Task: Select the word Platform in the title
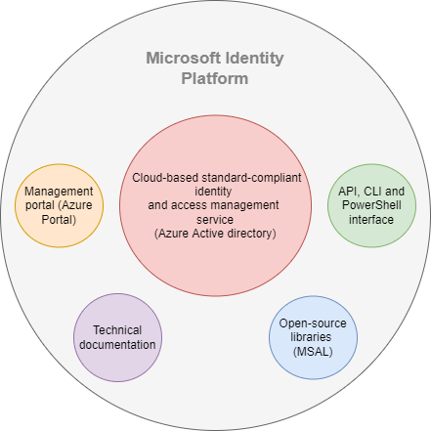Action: [x=215, y=78]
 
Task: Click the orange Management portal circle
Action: [x=60, y=205]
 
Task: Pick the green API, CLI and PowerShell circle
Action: [x=371, y=205]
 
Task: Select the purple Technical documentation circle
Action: [x=117, y=337]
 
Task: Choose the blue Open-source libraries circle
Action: [x=313, y=337]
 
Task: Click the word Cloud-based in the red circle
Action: [x=165, y=178]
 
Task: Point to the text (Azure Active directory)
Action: [x=215, y=234]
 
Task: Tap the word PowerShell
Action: [x=371, y=205]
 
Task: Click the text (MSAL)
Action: [x=313, y=352]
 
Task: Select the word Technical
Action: [x=117, y=330]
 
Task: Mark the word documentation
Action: [x=117, y=345]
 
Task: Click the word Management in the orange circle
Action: [x=59, y=192]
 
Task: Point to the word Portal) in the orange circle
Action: [x=59, y=220]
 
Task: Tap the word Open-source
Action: [x=313, y=323]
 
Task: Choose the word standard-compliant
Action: [x=251, y=178]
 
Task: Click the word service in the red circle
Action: [x=215, y=220]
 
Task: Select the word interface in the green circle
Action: [x=371, y=220]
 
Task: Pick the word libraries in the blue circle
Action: [x=311, y=337]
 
